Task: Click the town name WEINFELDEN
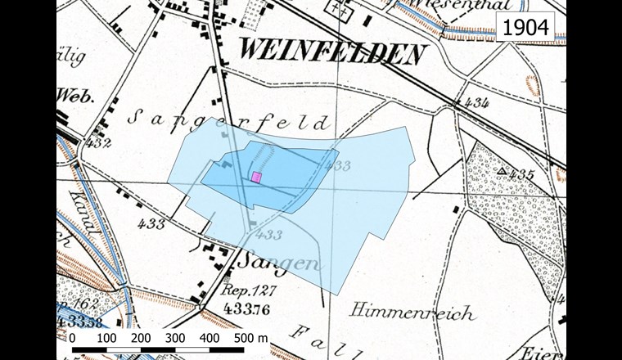click(332, 54)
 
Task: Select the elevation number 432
click(99, 142)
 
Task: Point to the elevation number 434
click(475, 102)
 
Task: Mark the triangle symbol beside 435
click(500, 170)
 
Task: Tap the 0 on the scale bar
click(72, 337)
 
